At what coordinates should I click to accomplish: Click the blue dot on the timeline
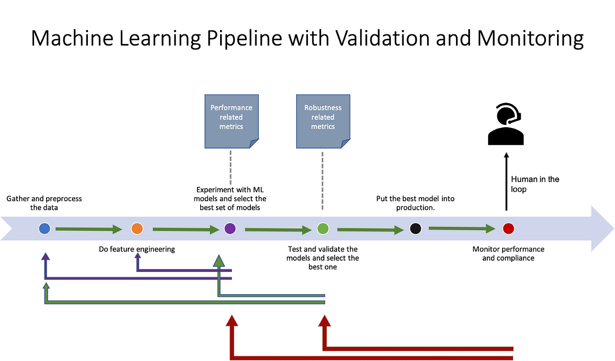tap(44, 228)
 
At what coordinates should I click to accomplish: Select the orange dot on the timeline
tap(137, 228)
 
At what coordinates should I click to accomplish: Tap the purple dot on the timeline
tap(230, 228)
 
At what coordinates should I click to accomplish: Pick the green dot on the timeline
tap(322, 228)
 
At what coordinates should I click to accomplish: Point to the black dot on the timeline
tap(415, 228)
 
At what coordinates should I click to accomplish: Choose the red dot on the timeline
tap(508, 228)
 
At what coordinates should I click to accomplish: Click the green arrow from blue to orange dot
tap(88, 229)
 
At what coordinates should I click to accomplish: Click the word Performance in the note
tap(231, 108)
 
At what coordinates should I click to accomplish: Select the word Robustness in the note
tap(323, 108)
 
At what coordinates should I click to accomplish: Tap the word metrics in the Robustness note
tap(323, 127)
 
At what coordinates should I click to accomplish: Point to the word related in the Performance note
tap(231, 117)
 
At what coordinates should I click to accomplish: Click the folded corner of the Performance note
tap(255, 144)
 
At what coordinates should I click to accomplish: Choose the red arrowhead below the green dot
tap(325, 321)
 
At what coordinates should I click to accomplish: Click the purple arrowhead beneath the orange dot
tap(138, 256)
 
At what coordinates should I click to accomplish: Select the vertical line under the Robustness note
tap(322, 181)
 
